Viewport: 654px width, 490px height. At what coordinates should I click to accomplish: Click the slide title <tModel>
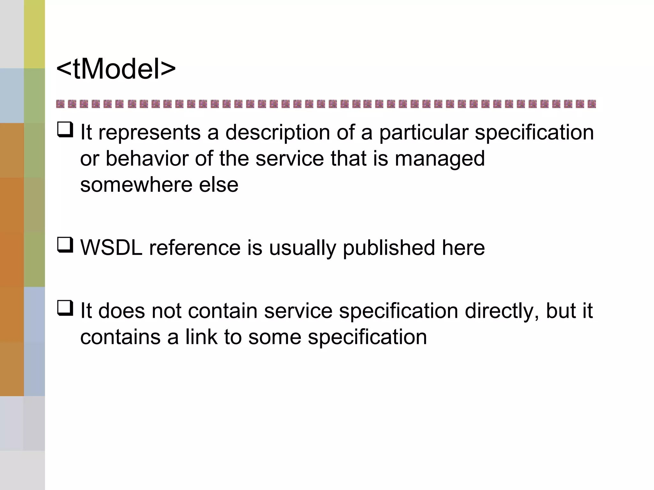pos(116,69)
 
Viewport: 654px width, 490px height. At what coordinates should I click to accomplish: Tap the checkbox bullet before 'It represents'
pos(65,130)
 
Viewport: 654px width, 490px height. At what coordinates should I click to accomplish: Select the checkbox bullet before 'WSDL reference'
pos(65,245)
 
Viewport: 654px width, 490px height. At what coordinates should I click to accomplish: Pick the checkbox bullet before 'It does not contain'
pos(65,308)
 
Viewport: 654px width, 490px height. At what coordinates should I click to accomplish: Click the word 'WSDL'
pos(111,248)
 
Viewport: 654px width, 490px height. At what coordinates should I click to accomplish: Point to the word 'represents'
pos(149,132)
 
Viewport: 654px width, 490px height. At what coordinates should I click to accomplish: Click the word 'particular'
pos(423,132)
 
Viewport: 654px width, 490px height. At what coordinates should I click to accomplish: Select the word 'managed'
pos(440,159)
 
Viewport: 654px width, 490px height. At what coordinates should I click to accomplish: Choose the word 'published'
pos(389,248)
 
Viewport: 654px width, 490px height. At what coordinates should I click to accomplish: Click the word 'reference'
pos(195,248)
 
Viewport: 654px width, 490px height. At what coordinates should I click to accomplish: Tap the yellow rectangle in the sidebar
pos(34,34)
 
